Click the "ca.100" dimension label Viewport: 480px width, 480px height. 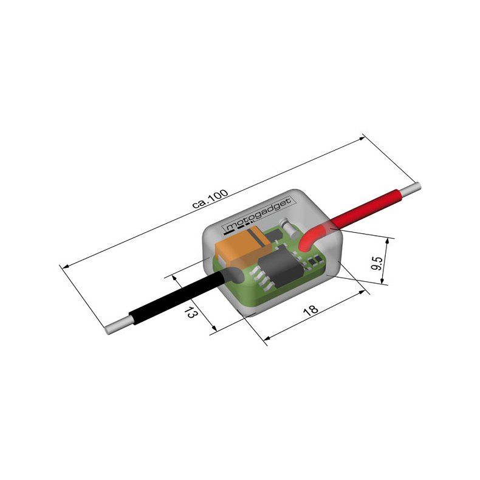(x=210, y=199)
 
